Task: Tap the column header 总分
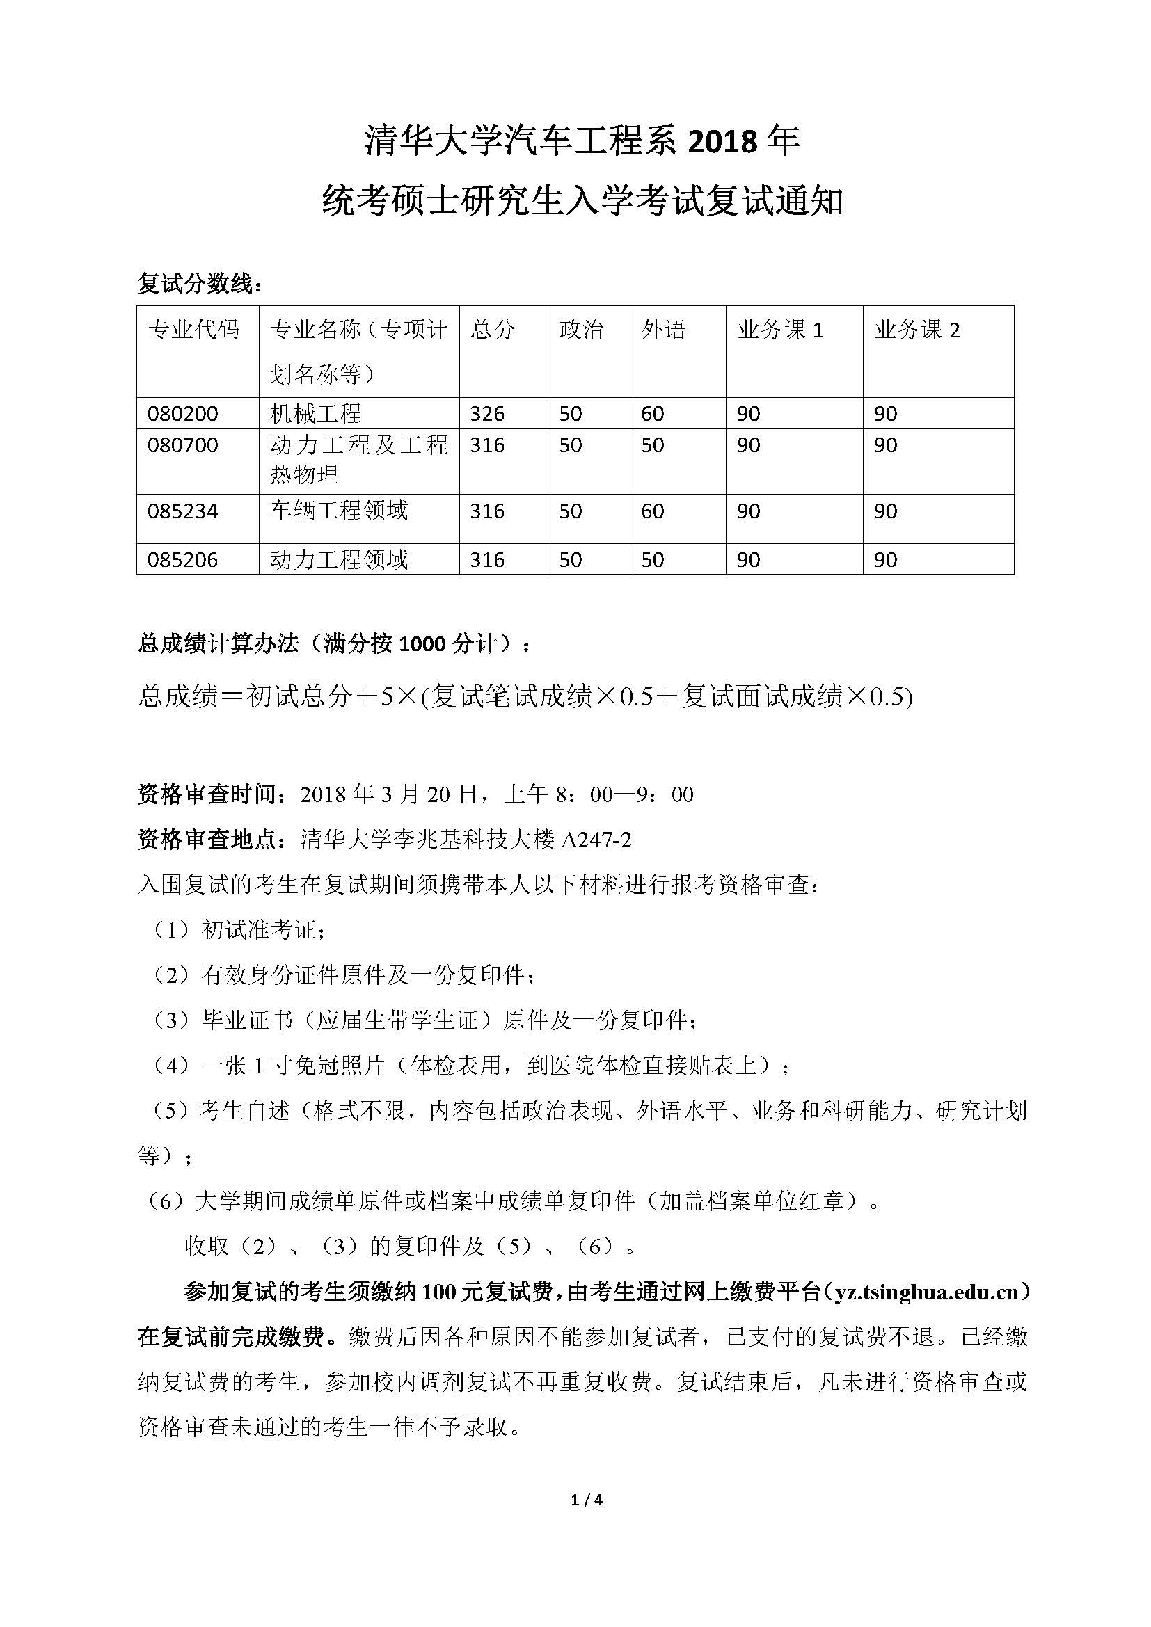click(492, 330)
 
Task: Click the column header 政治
click(580, 330)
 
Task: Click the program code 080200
click(183, 413)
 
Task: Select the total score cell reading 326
click(487, 413)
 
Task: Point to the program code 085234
click(183, 511)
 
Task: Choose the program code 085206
click(183, 560)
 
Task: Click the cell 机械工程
click(315, 413)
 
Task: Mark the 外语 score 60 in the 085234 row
click(652, 511)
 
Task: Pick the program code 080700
click(183, 445)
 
